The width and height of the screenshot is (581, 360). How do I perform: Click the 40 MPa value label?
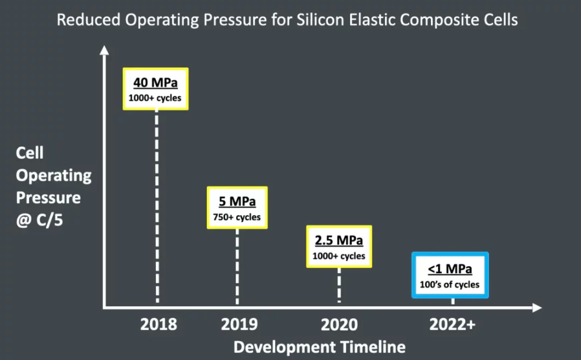(155, 83)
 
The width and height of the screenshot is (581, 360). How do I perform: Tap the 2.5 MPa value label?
(339, 241)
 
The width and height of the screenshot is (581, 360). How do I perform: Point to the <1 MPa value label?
(451, 269)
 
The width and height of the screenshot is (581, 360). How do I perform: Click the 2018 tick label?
(158, 324)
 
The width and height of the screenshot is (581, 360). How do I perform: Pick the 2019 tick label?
(239, 324)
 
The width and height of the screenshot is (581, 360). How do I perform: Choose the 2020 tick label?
(340, 324)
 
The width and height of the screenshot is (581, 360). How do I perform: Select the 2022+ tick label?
(453, 324)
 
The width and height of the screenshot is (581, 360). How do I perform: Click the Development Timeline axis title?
(319, 347)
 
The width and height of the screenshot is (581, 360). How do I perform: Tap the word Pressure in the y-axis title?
(48, 197)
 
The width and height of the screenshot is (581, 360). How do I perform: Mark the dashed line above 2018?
(157, 207)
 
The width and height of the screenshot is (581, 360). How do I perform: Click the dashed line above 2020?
(339, 286)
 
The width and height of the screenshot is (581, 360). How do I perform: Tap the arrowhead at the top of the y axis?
(104, 50)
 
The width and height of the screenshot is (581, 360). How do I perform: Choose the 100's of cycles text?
(451, 284)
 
